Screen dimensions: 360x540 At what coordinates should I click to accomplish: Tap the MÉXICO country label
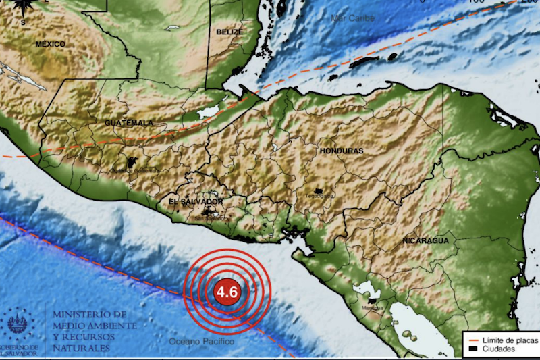click(51, 44)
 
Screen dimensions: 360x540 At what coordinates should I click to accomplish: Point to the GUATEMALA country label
click(129, 123)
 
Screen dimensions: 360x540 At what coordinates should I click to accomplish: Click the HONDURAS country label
click(342, 150)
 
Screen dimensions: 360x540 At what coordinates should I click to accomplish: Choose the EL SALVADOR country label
click(196, 202)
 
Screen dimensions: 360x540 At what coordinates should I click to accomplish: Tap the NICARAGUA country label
click(425, 241)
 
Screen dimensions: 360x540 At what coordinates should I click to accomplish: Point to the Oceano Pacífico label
click(202, 342)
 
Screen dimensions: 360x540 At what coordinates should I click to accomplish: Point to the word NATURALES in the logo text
click(80, 347)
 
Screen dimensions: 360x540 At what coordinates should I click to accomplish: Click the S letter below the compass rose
click(22, 22)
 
